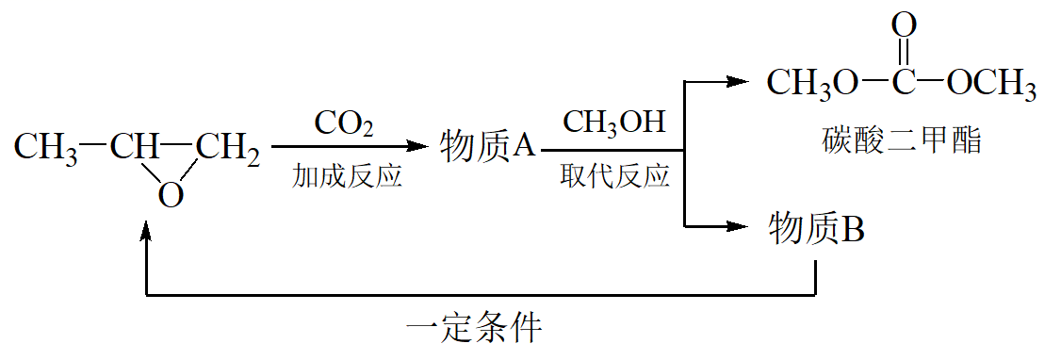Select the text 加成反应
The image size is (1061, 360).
point(347,176)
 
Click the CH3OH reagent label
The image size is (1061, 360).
point(614,123)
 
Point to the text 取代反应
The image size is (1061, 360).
point(614,176)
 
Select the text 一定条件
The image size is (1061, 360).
point(474,330)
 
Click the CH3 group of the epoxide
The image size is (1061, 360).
point(45,148)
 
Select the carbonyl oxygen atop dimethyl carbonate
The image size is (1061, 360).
point(904,26)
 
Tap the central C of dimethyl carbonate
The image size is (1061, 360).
point(904,83)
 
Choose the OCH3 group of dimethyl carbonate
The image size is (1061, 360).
point(991,83)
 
